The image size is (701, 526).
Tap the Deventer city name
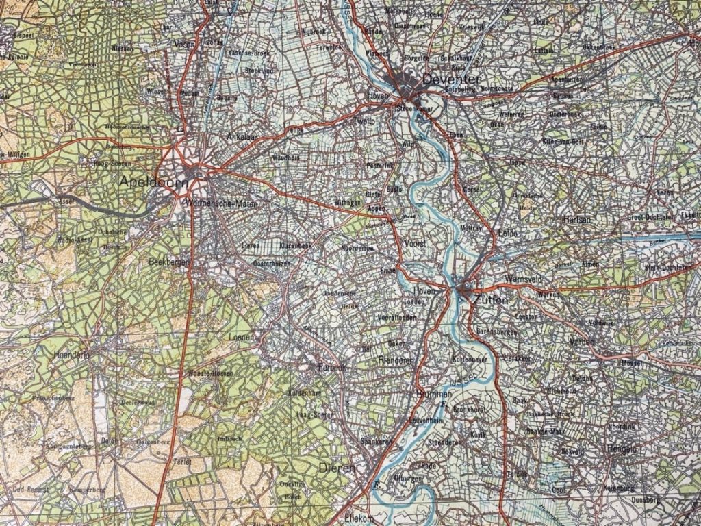click(x=452, y=80)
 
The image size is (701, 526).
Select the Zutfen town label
click(x=489, y=299)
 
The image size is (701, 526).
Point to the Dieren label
click(x=337, y=468)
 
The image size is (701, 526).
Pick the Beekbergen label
click(x=168, y=262)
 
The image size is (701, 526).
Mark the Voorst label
click(x=416, y=244)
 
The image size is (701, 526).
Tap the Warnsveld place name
click(x=524, y=279)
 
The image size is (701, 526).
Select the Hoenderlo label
click(x=71, y=355)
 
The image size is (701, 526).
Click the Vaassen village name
click(x=186, y=42)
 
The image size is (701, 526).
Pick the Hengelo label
click(x=621, y=449)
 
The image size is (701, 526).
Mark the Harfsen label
click(x=576, y=220)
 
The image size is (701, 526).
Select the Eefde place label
click(x=508, y=234)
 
